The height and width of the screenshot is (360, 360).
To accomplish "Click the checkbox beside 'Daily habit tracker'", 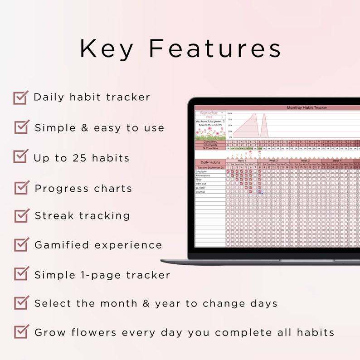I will (x=20, y=97).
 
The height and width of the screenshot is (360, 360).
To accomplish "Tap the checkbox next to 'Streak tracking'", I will (x=21, y=216).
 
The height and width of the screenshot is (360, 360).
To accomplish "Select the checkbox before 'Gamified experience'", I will (x=21, y=245).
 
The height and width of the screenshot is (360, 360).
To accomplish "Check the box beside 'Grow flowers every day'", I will (x=21, y=332).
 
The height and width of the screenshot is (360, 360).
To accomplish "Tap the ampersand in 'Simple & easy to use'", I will (x=84, y=128).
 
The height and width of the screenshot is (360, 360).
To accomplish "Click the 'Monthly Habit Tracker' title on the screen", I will (x=306, y=108).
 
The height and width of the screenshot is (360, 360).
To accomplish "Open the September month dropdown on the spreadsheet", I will (x=210, y=113).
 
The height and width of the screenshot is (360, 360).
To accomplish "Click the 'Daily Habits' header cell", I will (x=210, y=162).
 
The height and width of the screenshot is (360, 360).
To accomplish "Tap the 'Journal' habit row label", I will (x=201, y=192).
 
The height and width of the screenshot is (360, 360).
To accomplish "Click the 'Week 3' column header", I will (x=305, y=161).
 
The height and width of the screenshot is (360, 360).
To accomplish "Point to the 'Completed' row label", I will (x=210, y=141).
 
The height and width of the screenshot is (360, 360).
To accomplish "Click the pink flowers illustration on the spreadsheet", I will (x=210, y=133).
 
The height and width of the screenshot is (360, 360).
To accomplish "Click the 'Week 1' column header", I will (x=242, y=161).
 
